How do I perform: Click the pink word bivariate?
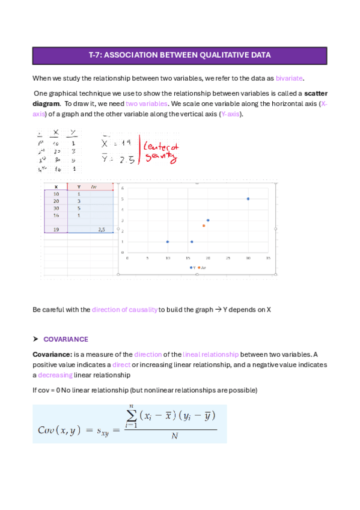click(x=290, y=78)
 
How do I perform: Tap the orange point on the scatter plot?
click(x=204, y=226)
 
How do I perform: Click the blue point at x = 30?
click(x=248, y=198)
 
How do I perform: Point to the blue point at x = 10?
click(x=167, y=242)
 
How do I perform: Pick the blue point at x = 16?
click(x=192, y=242)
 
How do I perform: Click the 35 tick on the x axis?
click(x=268, y=259)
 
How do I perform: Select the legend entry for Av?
click(x=202, y=267)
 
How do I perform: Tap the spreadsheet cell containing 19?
click(x=56, y=230)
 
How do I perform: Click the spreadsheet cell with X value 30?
click(x=56, y=207)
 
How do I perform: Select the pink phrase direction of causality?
click(x=124, y=310)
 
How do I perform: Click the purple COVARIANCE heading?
click(x=66, y=339)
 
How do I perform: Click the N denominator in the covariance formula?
click(x=175, y=436)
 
